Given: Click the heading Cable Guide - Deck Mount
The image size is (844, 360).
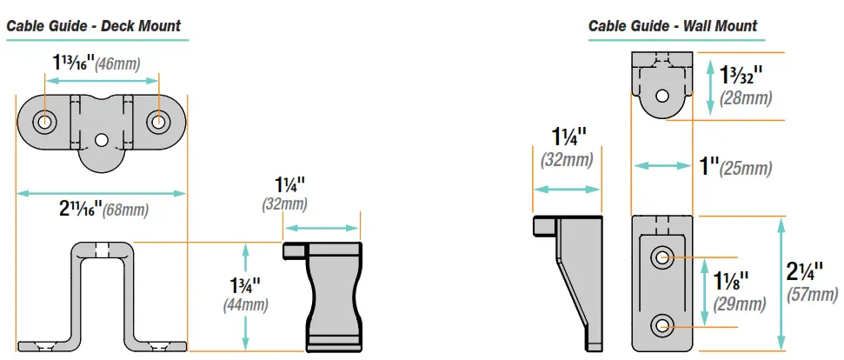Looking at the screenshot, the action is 94,25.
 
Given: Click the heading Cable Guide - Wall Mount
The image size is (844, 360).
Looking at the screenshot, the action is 673,26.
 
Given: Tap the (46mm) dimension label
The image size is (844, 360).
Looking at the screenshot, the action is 118,64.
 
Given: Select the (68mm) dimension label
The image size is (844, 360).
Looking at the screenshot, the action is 125,210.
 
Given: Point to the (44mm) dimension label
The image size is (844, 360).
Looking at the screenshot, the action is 246,305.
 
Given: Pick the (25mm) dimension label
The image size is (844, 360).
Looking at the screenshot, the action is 747,169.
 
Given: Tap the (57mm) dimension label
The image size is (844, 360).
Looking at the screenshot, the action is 812,295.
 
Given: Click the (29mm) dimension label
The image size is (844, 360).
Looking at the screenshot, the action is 740,304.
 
